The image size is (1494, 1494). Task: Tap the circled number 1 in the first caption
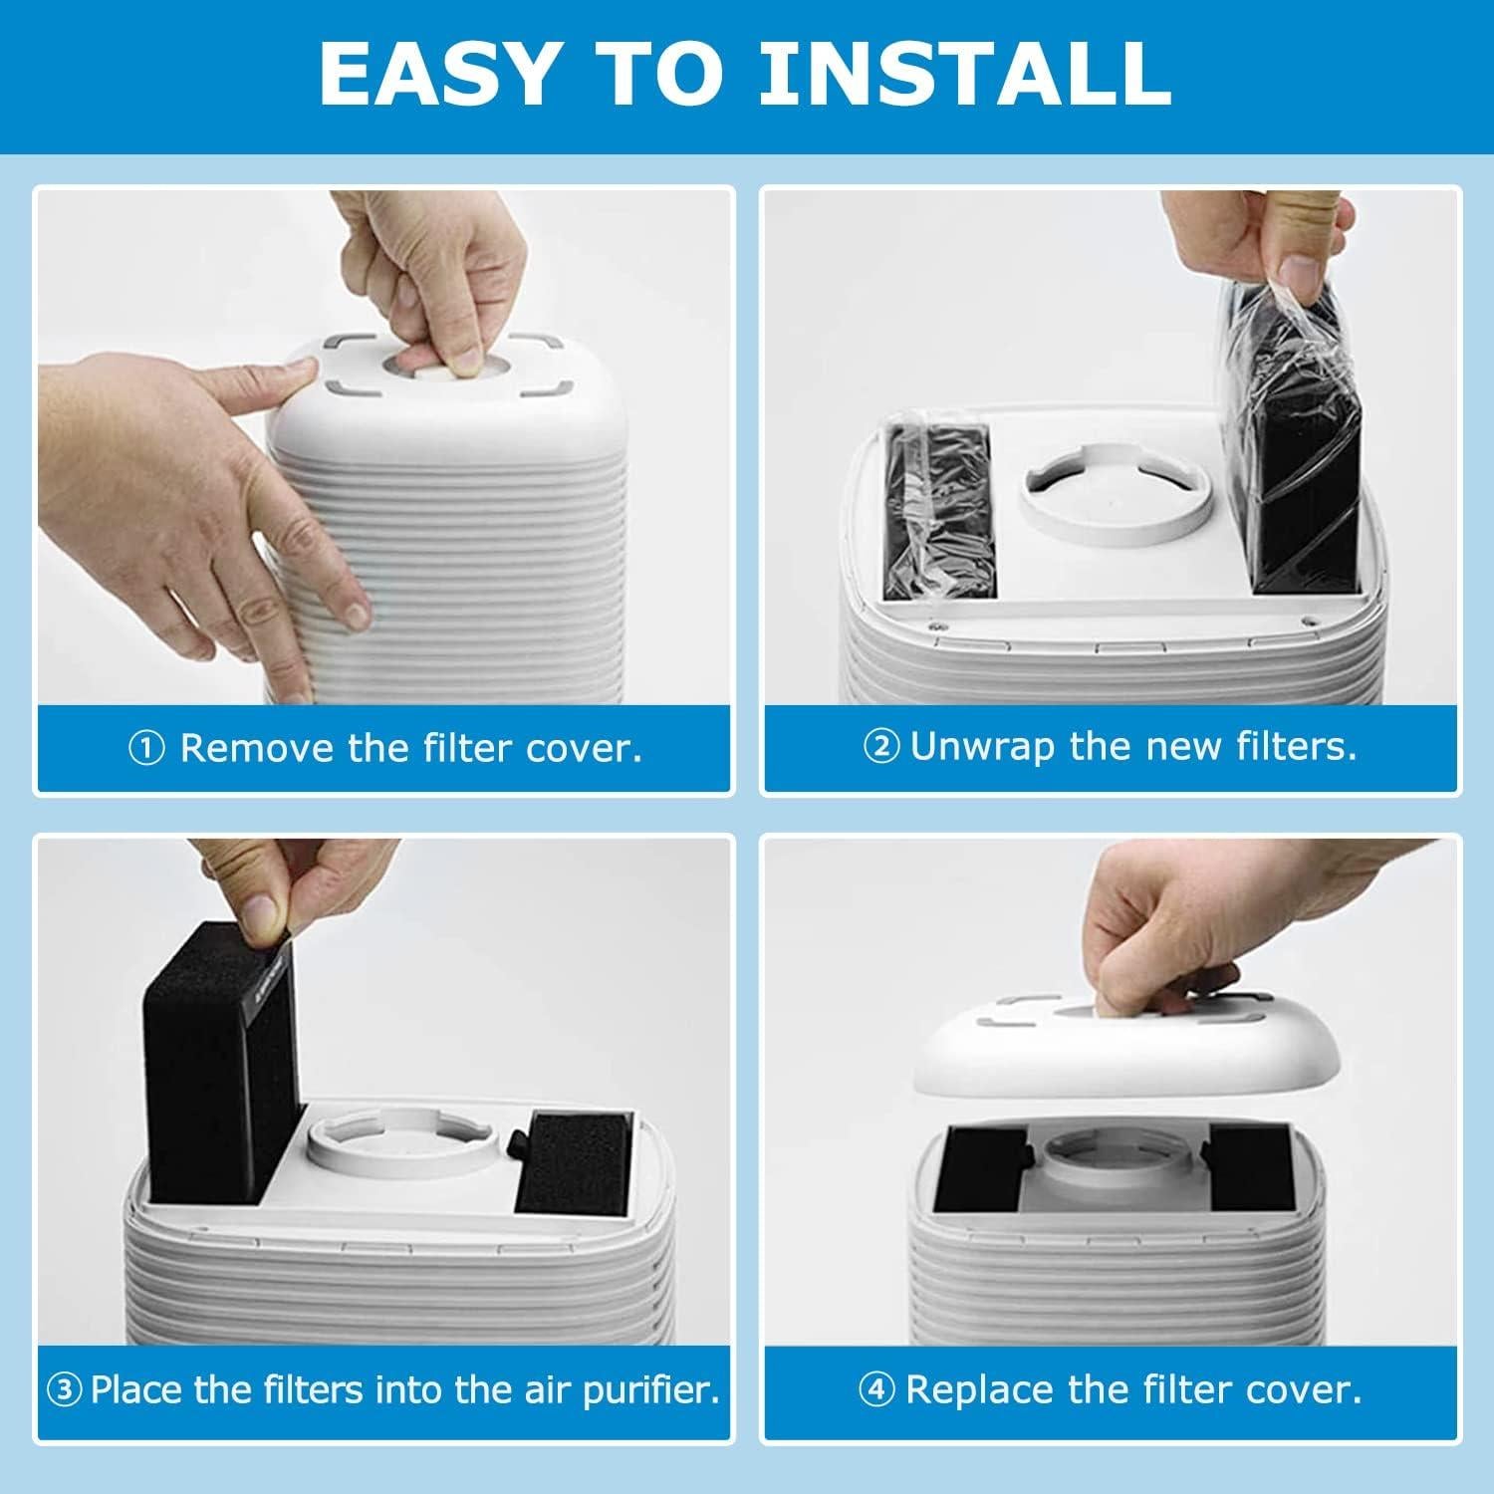coord(146,749)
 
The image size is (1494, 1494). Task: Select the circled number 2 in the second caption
coord(881,747)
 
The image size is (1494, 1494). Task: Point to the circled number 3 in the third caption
coord(65,1390)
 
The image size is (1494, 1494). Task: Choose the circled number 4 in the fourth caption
coord(877,1390)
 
